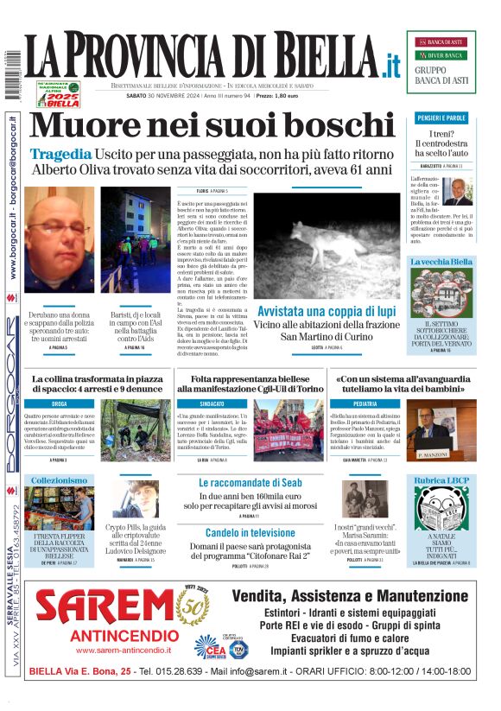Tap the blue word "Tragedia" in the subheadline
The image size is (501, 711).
click(60, 154)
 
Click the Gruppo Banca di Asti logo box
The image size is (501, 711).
click(441, 61)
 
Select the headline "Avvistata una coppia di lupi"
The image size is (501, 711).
click(327, 310)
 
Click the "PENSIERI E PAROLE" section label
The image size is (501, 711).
click(441, 117)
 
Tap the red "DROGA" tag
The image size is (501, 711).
click(59, 403)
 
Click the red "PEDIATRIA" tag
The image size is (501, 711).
click(365, 403)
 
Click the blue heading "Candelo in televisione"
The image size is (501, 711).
click(250, 533)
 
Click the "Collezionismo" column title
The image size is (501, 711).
click(59, 480)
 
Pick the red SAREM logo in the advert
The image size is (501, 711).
click(104, 606)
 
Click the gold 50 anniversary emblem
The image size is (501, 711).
click(193, 606)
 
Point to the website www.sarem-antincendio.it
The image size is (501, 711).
click(110, 650)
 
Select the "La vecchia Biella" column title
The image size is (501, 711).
click(441, 261)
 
